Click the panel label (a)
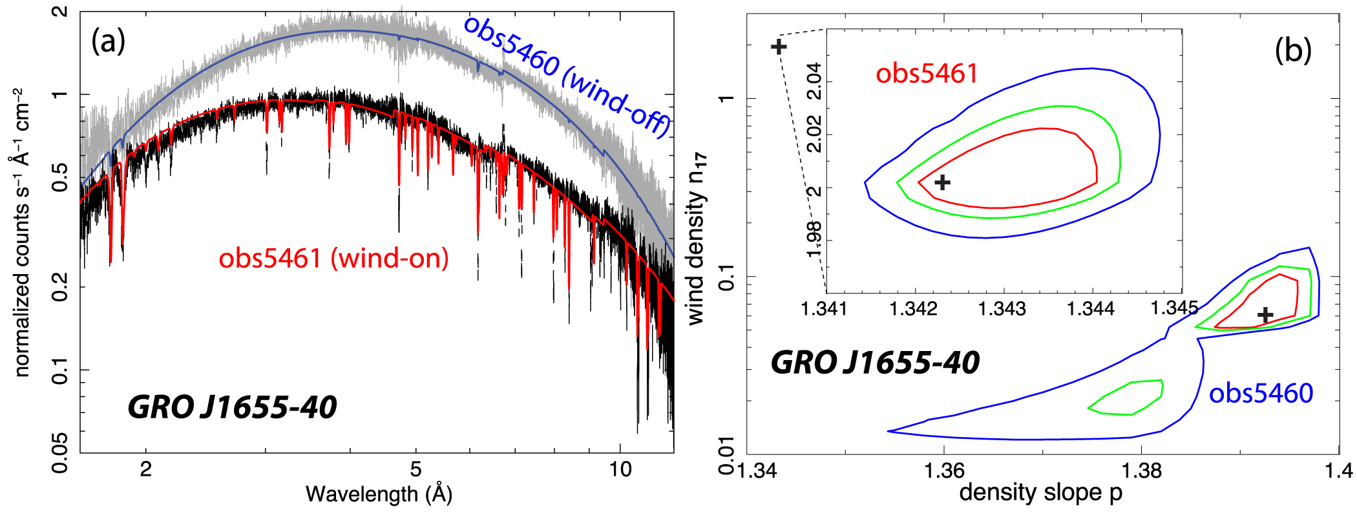[108, 41]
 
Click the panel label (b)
[1293, 50]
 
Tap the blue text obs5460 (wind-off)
[567, 76]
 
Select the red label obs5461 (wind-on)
[333, 259]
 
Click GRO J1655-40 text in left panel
[232, 407]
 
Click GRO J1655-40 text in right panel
[875, 362]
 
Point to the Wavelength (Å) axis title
[379, 494]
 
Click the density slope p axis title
[1040, 493]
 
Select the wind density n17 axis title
[697, 239]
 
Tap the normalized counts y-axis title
[22, 233]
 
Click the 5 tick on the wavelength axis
[416, 469]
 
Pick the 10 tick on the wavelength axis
[620, 469]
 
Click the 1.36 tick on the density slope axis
[944, 470]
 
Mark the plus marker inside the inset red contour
[943, 182]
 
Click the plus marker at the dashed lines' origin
[779, 47]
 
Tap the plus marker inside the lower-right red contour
[1265, 315]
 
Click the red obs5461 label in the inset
[926, 74]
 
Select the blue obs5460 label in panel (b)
[1261, 393]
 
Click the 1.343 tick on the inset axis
[1002, 309]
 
